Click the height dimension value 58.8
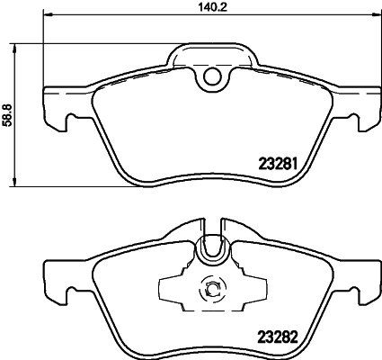(x=9, y=118)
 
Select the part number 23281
(x=278, y=164)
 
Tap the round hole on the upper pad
(x=212, y=77)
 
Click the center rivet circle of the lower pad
(x=213, y=290)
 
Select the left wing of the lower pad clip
(x=171, y=290)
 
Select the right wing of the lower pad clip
(x=255, y=290)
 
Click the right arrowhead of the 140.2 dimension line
(x=374, y=16)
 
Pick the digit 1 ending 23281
(x=293, y=164)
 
